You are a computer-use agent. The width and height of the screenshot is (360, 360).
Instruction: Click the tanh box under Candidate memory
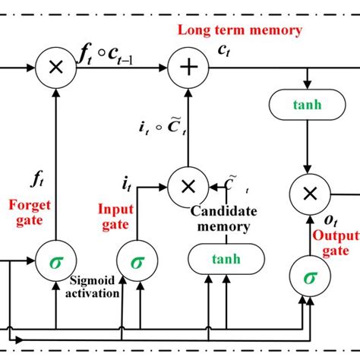point(219,258)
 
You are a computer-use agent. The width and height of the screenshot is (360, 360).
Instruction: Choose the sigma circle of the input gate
point(137,261)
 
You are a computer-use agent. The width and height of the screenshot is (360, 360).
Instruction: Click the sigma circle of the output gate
point(309,276)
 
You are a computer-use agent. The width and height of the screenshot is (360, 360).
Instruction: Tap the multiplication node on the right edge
point(308,193)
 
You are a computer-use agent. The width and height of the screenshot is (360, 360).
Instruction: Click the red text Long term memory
point(239,30)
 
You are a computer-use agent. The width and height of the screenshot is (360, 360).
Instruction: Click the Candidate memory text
point(220,219)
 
